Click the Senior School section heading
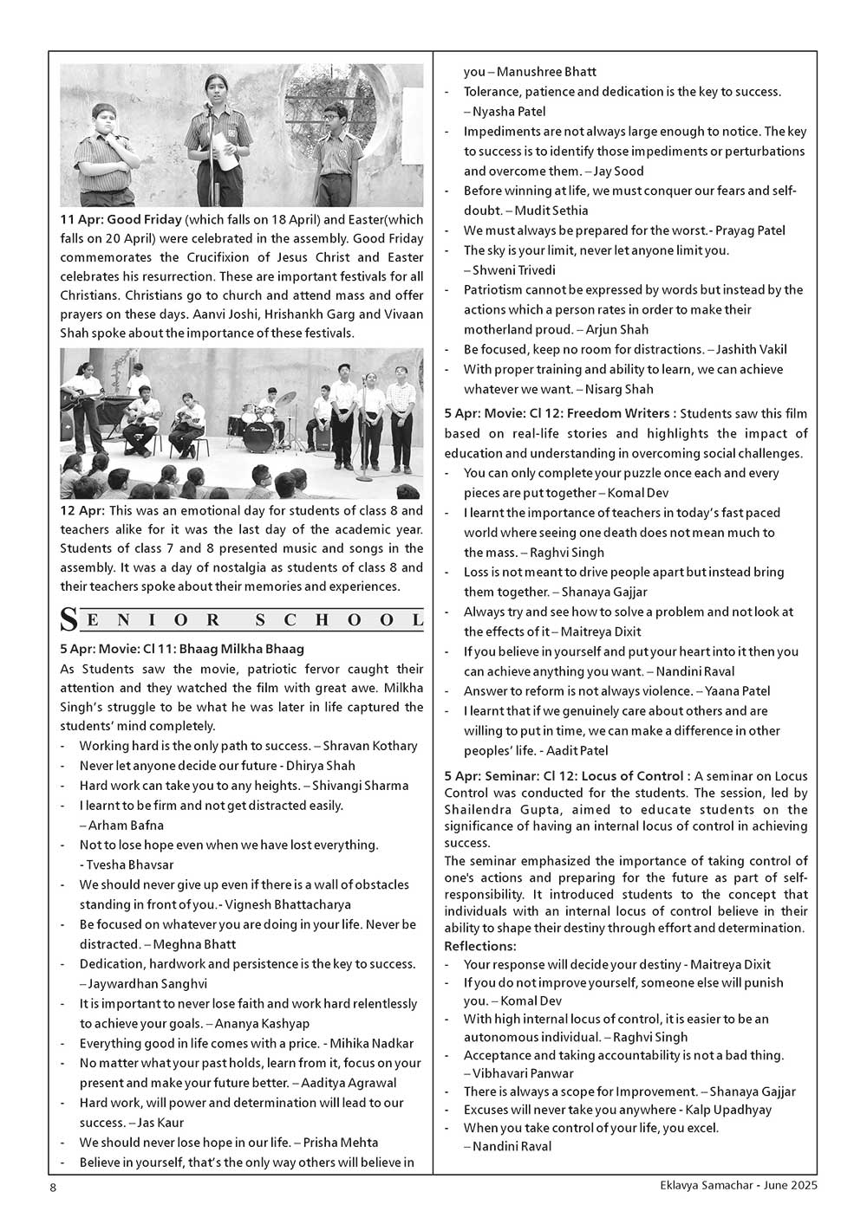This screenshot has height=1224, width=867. (242, 619)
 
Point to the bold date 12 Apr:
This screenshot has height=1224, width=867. (82, 511)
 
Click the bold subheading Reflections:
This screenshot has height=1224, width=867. (479, 945)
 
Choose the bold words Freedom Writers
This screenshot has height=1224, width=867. (622, 413)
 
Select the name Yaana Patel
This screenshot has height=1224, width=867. (737, 691)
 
